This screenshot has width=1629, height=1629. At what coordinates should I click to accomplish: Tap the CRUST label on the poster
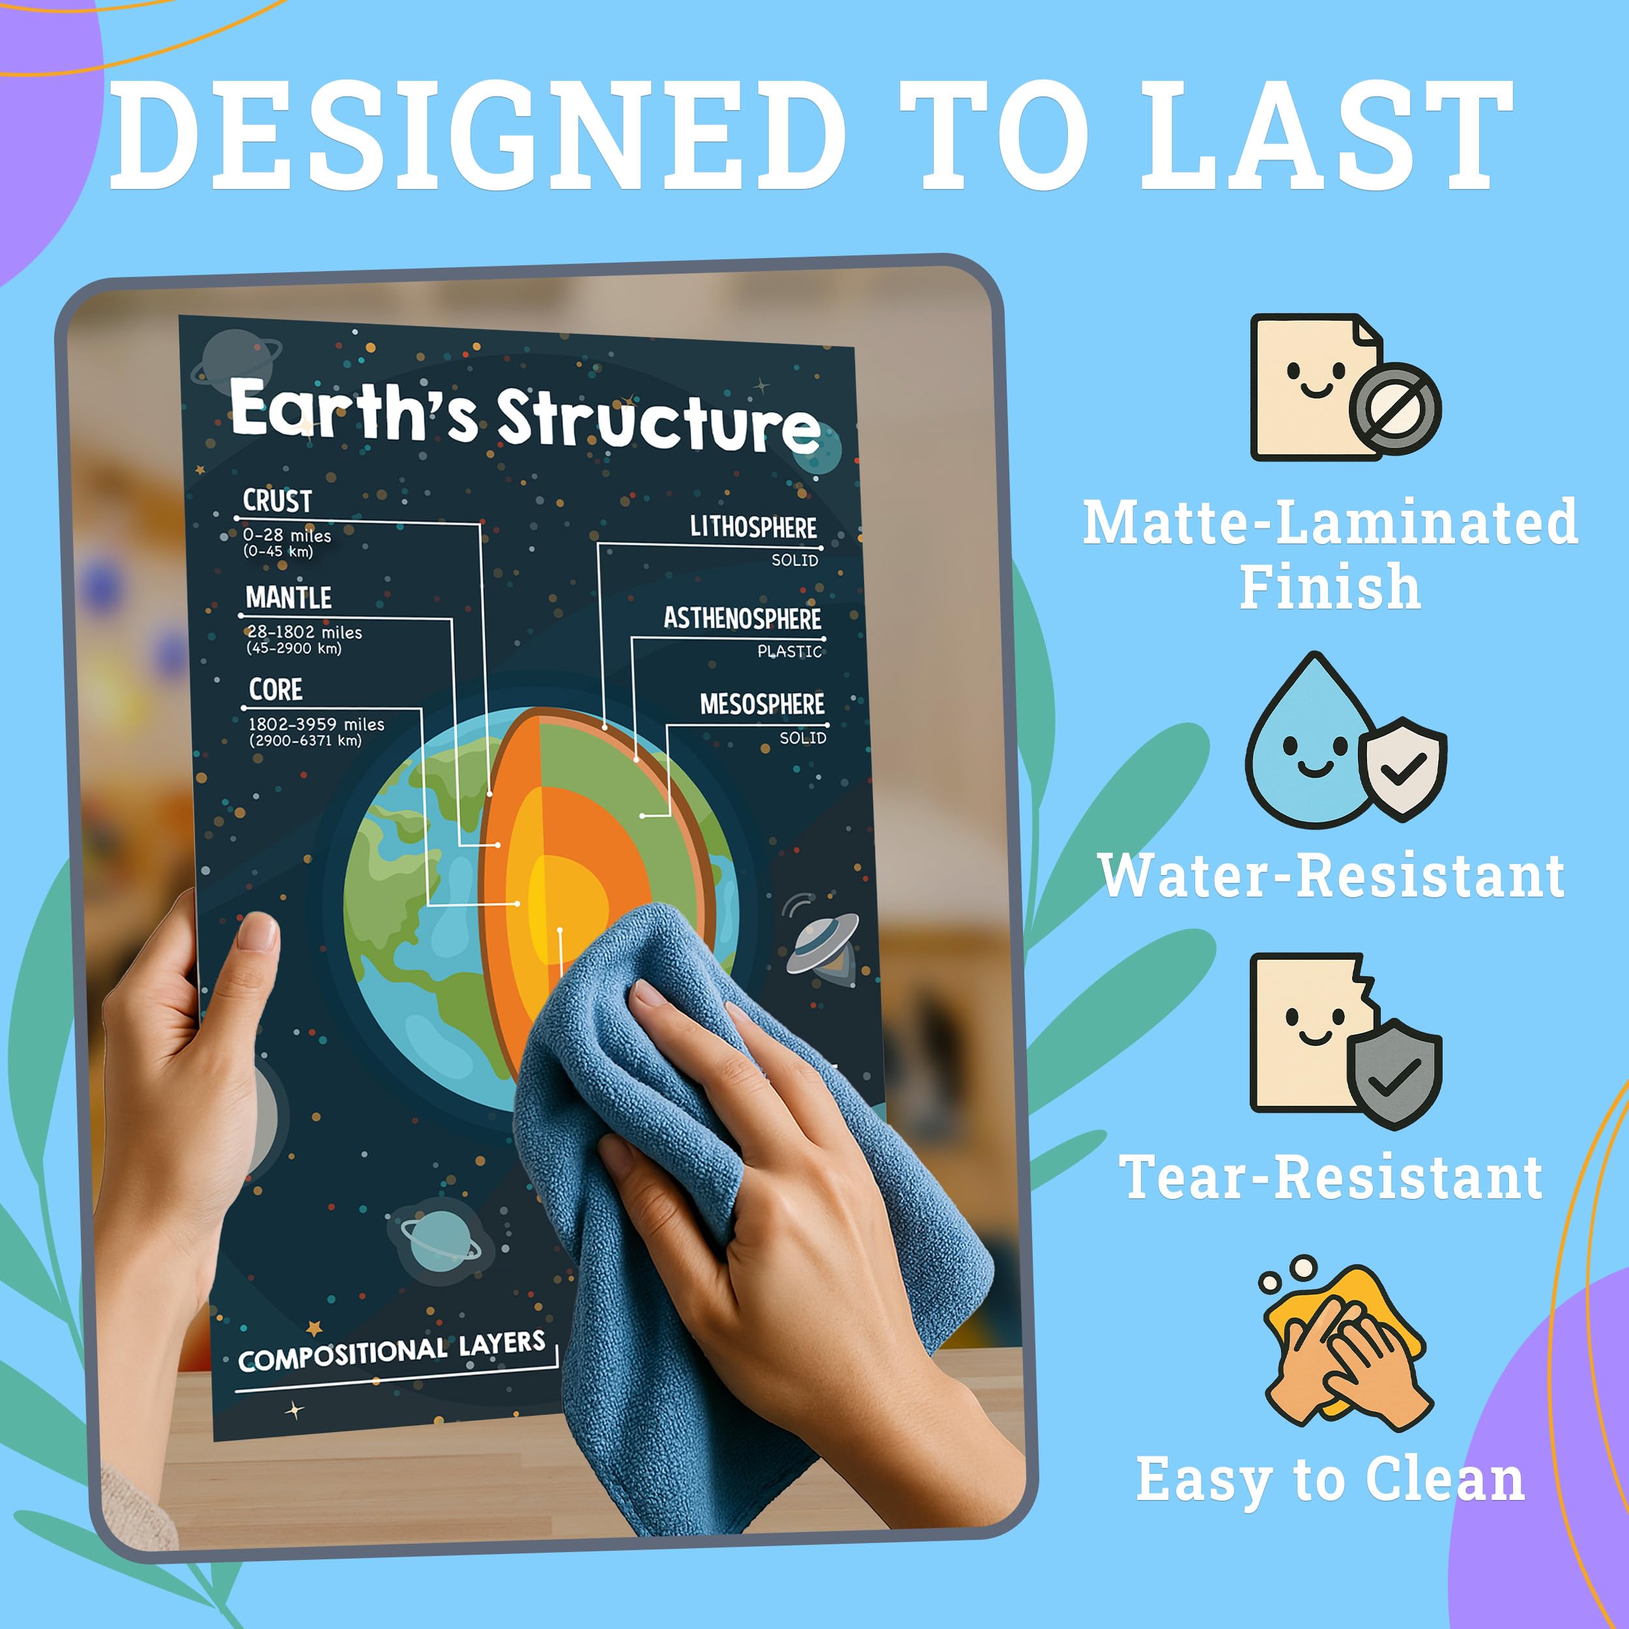tap(278, 501)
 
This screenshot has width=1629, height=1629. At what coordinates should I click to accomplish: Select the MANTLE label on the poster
tap(289, 598)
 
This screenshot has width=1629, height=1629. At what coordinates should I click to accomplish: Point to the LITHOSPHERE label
tap(753, 528)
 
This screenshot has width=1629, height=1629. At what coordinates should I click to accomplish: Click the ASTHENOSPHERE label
tap(742, 618)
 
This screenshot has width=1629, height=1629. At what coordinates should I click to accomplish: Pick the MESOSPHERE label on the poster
tap(761, 704)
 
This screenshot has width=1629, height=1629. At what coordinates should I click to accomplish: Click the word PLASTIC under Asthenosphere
tap(788, 652)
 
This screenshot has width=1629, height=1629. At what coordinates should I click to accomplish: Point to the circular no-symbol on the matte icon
tap(1396, 409)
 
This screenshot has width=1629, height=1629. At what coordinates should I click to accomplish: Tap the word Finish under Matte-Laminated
tap(1330, 587)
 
